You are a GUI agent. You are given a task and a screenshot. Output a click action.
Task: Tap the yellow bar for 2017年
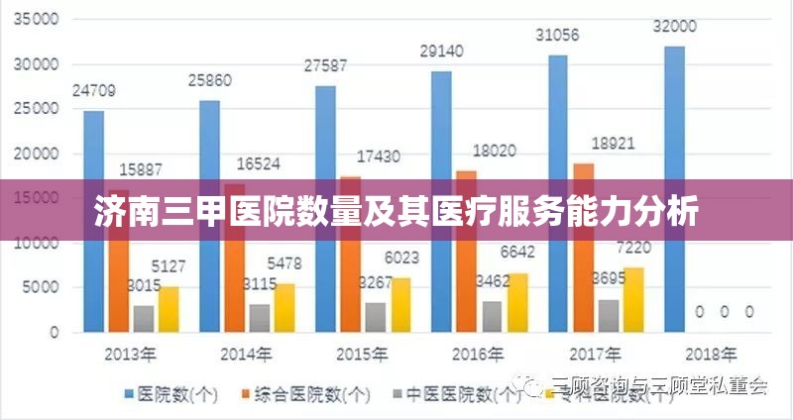(x=633, y=299)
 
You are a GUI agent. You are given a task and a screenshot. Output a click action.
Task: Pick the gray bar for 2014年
(x=260, y=318)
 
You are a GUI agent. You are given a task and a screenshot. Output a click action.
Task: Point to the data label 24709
(x=93, y=91)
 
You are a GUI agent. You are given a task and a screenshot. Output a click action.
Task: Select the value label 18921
(x=612, y=145)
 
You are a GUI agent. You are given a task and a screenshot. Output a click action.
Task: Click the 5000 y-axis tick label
(x=39, y=288)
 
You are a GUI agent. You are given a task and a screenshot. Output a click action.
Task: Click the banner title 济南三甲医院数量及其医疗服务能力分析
(x=396, y=210)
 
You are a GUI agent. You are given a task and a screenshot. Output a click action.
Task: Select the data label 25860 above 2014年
(x=209, y=79)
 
